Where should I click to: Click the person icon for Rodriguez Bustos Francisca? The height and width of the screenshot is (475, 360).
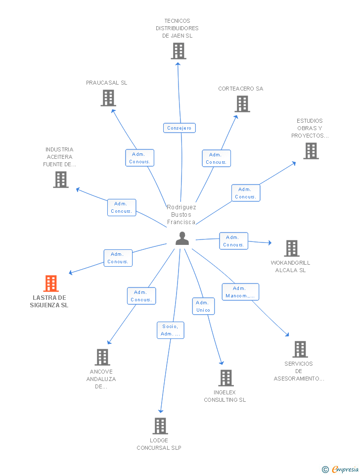(x=182, y=238)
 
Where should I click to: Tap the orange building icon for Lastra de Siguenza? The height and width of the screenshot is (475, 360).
(x=51, y=284)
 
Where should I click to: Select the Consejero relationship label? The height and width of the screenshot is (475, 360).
(x=180, y=128)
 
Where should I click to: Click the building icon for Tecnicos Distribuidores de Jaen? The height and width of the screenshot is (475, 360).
(x=178, y=51)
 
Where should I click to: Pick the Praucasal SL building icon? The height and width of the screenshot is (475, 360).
(x=108, y=98)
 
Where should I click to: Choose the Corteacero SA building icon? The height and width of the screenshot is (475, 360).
(x=242, y=104)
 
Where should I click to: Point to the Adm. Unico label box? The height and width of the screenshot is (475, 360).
(x=203, y=306)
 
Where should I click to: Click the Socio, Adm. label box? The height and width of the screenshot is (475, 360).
(x=171, y=330)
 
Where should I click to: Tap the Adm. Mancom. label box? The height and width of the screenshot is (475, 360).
(x=240, y=292)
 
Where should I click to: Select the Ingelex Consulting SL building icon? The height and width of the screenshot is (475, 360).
(x=225, y=378)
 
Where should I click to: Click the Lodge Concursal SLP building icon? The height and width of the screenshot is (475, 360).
(x=160, y=426)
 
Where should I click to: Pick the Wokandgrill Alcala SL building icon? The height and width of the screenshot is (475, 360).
(x=291, y=248)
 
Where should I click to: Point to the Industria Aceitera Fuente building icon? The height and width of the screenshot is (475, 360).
(x=61, y=180)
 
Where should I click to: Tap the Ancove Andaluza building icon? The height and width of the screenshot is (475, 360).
(x=102, y=357)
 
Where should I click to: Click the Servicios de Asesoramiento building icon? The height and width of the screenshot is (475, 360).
(x=300, y=349)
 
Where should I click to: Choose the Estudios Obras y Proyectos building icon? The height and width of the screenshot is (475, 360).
(x=311, y=151)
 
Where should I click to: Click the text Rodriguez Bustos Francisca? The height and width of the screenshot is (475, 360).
(x=181, y=215)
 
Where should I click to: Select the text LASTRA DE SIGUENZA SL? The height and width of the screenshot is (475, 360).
(x=49, y=301)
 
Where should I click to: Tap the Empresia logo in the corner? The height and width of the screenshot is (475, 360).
(x=341, y=469)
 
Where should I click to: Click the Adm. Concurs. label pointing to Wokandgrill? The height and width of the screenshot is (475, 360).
(x=233, y=241)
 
